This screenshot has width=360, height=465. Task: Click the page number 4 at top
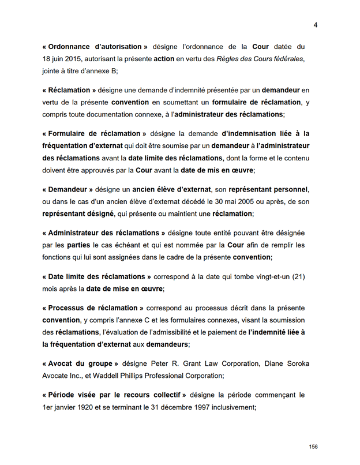coord(316,25)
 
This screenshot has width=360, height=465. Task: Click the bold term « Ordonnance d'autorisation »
coord(95,46)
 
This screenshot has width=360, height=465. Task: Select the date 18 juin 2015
coord(65,59)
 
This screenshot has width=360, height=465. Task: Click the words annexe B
coord(103,72)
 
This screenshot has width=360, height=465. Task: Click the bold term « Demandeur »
coord(67,189)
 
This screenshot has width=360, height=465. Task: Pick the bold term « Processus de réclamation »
coord(93,307)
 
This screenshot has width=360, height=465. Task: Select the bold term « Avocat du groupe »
coord(80,363)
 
